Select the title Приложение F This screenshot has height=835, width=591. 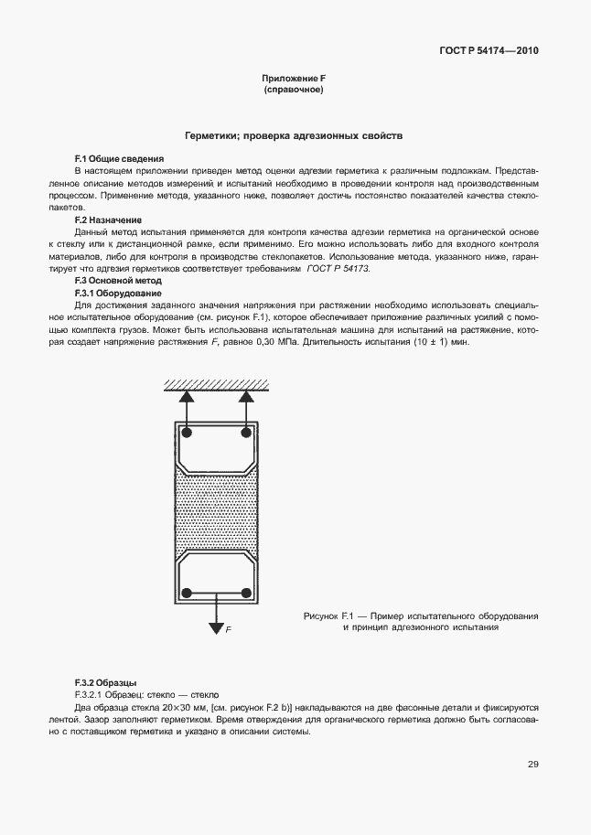294,80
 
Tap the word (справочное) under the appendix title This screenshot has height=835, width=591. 294,91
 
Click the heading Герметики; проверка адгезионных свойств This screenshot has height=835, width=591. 294,135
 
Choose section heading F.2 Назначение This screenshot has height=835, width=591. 108,220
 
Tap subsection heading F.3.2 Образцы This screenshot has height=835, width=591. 105,682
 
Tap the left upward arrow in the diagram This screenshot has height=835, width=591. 186,400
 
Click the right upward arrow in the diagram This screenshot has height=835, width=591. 246,400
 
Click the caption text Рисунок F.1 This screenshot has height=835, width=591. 321,616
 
